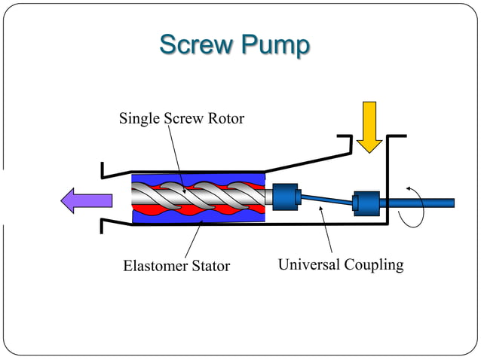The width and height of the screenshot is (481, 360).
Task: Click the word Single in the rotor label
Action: coord(139,118)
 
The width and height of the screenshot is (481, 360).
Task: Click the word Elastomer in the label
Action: coord(154,266)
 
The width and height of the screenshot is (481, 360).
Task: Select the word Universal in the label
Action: coord(309,265)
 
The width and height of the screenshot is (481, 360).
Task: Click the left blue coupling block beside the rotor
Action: coord(286,198)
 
